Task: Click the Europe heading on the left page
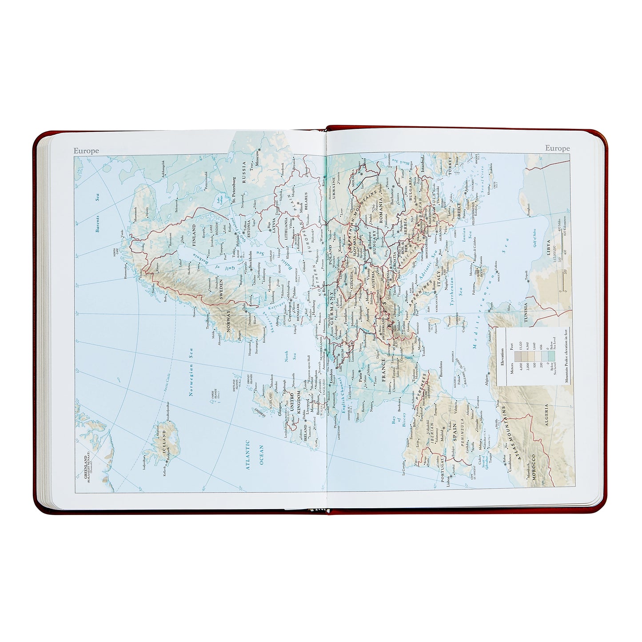(x=86, y=151)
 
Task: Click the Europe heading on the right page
(x=557, y=148)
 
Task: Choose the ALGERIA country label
(x=546, y=415)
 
